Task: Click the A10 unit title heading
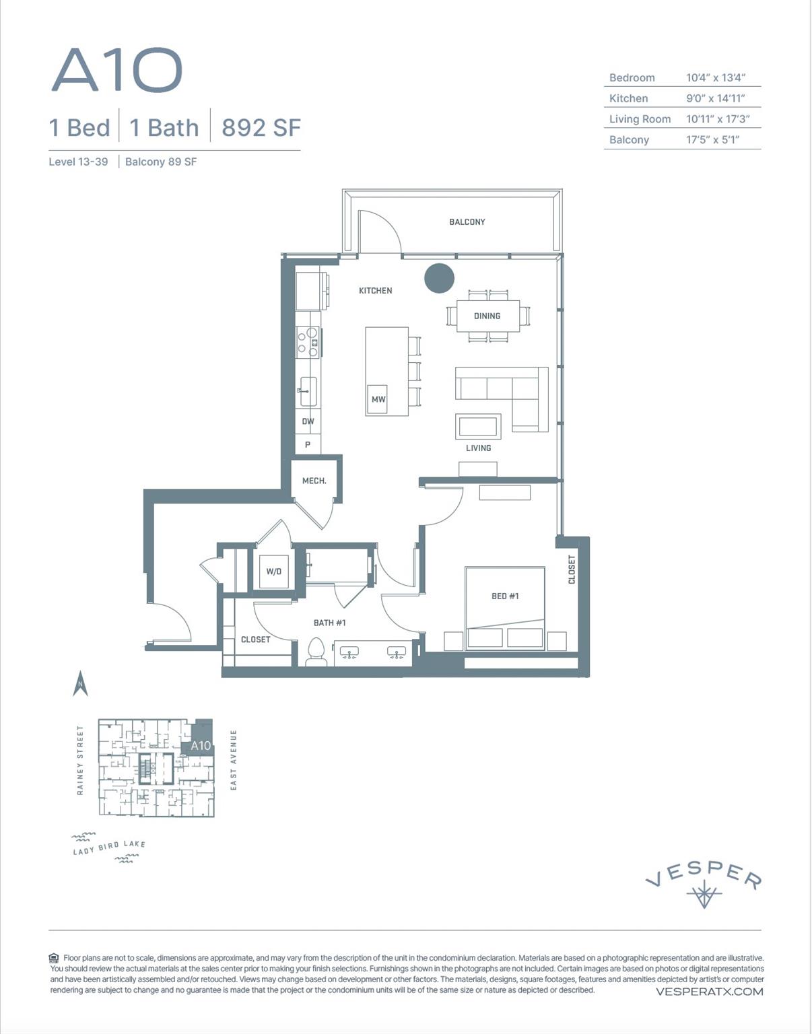tap(117, 70)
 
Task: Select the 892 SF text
tap(261, 127)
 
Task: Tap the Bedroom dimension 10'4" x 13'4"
tap(715, 77)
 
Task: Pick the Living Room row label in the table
tap(640, 119)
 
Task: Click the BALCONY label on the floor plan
tap(467, 221)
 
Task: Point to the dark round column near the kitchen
tap(439, 278)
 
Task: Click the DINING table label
tap(487, 316)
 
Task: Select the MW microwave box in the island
tap(378, 399)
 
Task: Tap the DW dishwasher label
tap(308, 421)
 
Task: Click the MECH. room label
tap(314, 481)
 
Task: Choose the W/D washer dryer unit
tap(273, 572)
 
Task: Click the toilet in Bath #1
tap(316, 652)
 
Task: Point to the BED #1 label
tap(505, 596)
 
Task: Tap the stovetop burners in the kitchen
tap(308, 341)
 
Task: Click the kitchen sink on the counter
tap(308, 391)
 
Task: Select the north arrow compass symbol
tap(80, 683)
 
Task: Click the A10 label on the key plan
tap(201, 745)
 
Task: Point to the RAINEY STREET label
tap(80, 760)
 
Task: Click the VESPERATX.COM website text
tap(709, 992)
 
